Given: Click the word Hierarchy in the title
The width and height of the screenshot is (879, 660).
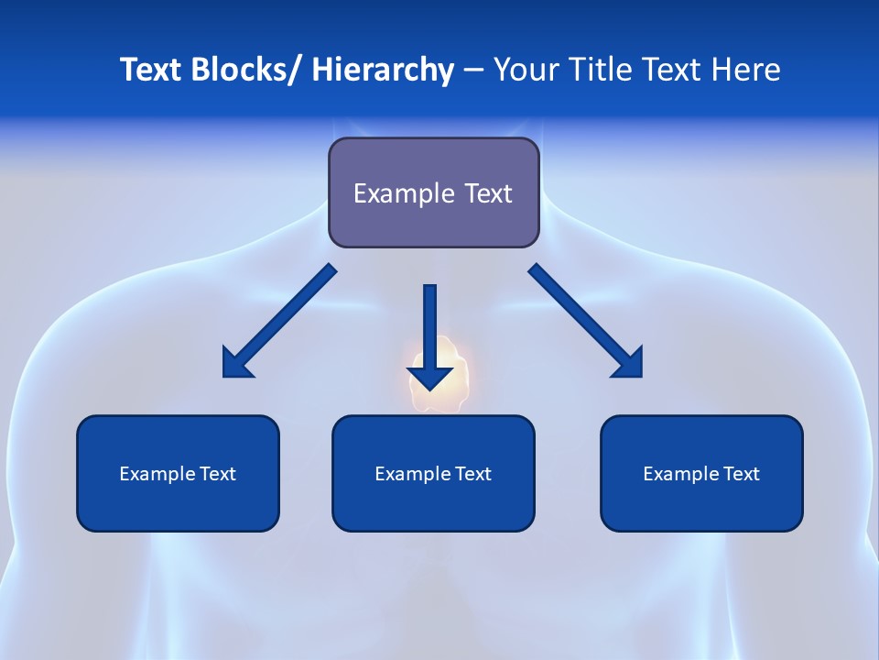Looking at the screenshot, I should (382, 70).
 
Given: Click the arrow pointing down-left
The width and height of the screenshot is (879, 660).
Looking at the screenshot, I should (279, 321).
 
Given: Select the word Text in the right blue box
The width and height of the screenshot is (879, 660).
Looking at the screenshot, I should (743, 474).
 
